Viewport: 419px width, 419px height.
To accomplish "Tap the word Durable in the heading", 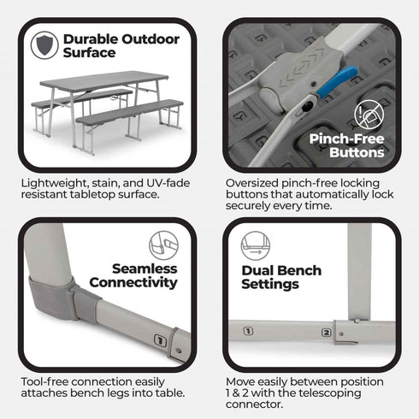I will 89,38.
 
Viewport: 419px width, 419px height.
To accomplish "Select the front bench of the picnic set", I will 128,110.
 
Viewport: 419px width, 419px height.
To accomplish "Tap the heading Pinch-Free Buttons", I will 347,145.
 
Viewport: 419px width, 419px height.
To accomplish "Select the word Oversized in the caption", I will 256,182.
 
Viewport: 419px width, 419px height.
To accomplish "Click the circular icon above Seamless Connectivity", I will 162,242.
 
